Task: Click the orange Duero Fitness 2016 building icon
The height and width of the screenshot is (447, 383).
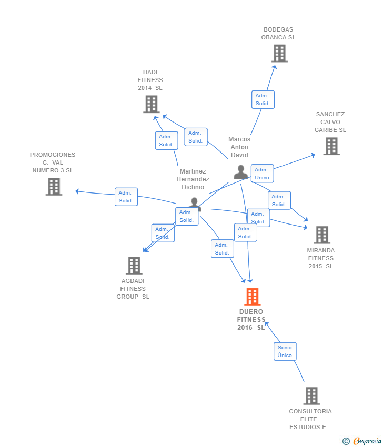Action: (253, 297)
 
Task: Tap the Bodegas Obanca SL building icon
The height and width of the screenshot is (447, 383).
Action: (279, 53)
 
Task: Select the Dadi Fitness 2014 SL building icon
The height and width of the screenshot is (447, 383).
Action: (152, 104)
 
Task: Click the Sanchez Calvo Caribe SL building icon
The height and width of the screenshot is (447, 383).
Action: (331, 146)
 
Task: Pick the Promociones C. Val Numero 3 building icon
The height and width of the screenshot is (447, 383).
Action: (54, 187)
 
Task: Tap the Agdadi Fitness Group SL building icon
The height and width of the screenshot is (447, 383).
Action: (134, 266)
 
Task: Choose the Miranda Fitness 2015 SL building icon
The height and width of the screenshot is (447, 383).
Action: (322, 235)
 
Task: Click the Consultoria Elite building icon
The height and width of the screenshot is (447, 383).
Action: (311, 396)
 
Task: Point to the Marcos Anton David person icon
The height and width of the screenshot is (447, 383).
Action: (241, 172)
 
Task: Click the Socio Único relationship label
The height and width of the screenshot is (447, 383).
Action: (285, 351)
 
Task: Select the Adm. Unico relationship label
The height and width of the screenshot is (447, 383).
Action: (262, 174)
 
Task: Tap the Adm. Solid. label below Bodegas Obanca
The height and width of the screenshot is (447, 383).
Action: (263, 99)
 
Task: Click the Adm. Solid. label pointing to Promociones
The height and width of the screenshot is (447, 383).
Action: (126, 197)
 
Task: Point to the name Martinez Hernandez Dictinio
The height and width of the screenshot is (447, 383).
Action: (193, 179)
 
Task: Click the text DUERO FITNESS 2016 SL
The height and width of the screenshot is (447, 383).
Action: (251, 320)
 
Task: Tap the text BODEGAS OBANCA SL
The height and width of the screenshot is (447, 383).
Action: (278, 34)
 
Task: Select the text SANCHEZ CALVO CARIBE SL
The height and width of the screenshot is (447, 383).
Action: (330, 122)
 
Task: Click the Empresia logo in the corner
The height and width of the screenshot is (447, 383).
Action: (366, 441)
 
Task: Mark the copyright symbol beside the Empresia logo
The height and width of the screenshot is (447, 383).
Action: (346, 441)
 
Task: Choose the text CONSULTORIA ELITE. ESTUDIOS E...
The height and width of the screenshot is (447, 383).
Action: (310, 419)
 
